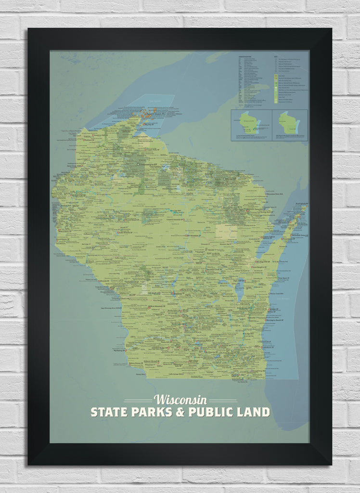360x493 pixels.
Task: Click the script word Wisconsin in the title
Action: click(180, 400)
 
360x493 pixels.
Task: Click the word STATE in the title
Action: click(108, 412)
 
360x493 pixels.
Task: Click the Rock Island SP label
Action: click(301, 204)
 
